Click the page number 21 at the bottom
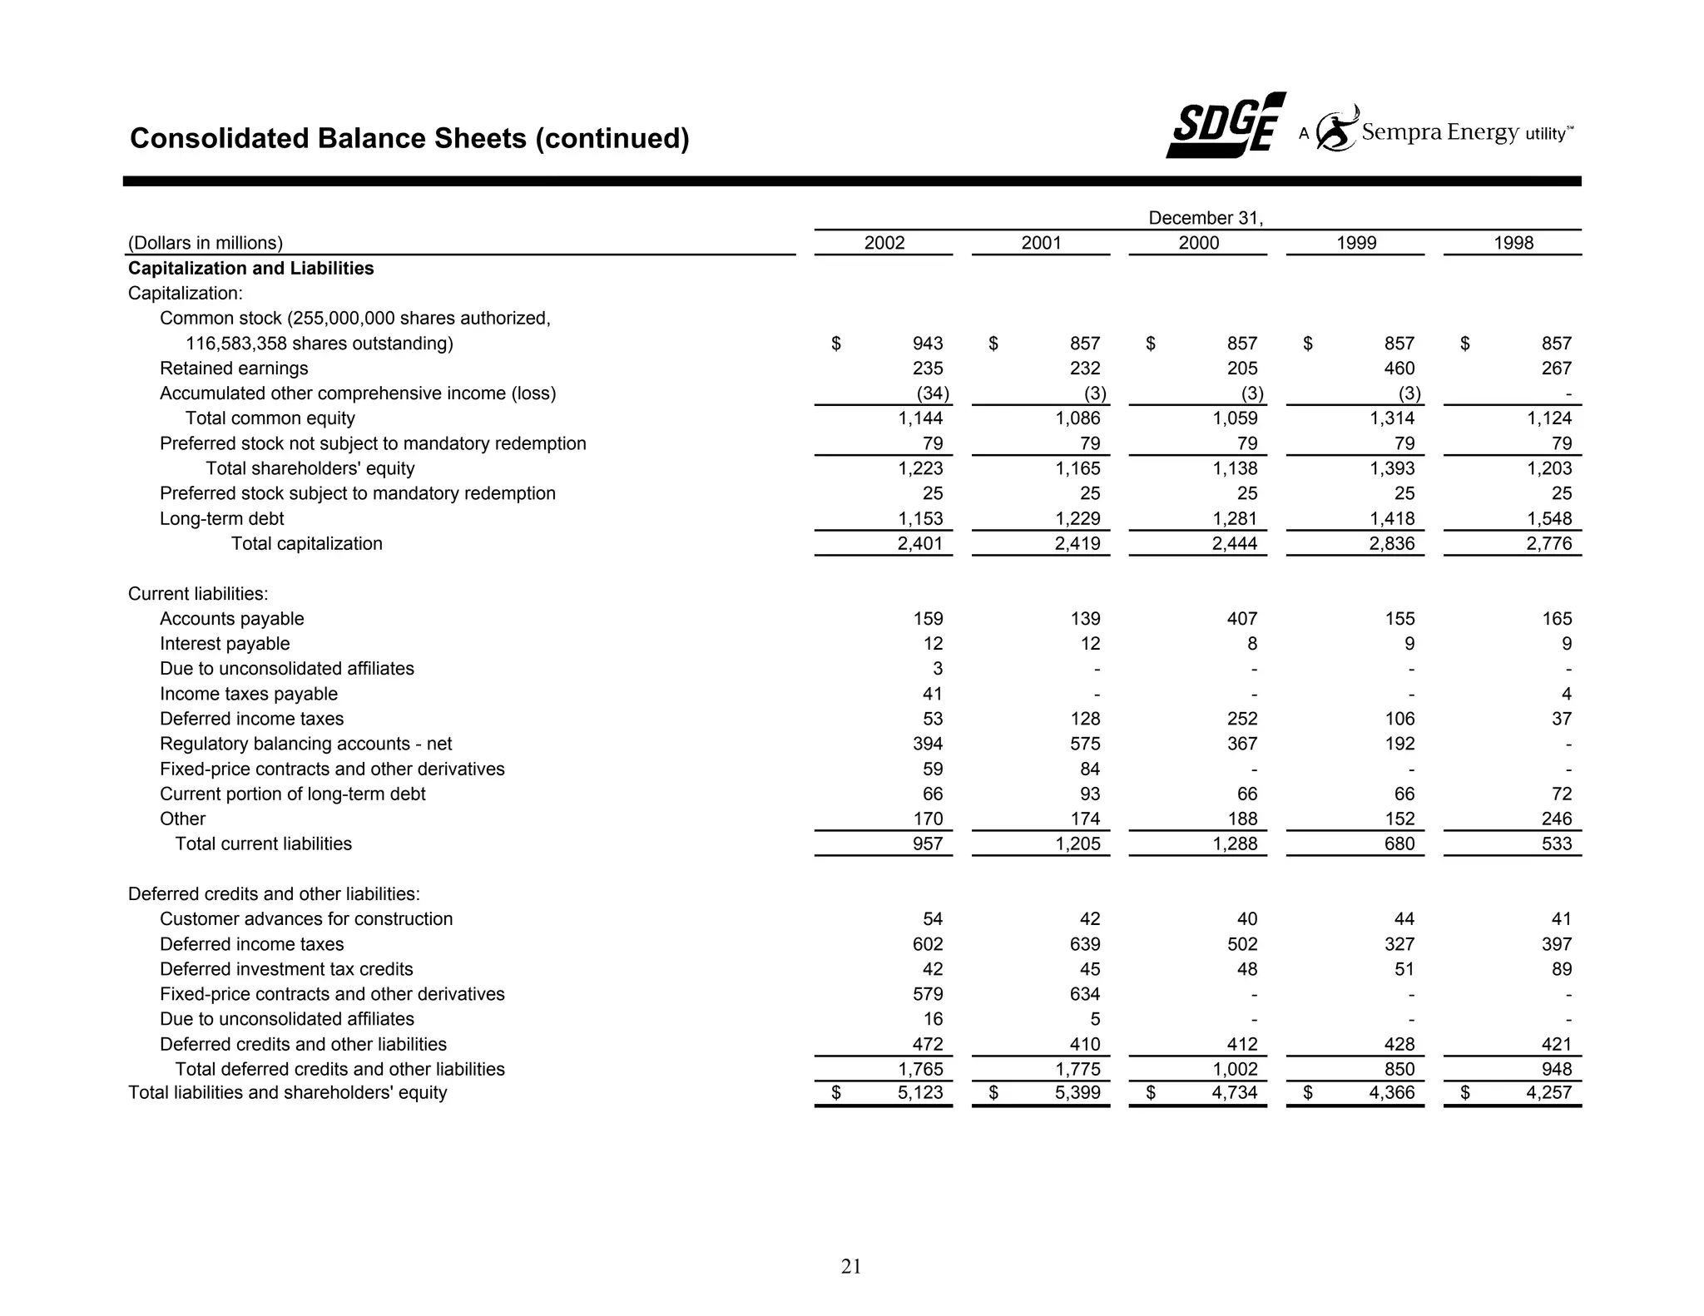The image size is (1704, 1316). point(851,1266)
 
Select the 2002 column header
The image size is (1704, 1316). point(884,243)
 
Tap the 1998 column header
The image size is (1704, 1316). point(1513,243)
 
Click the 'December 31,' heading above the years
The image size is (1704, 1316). point(1205,218)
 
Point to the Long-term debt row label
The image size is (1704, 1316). point(221,519)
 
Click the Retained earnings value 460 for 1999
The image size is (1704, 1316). point(1399,369)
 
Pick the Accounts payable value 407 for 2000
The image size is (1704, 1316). point(1241,619)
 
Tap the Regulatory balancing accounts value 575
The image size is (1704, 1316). point(1084,744)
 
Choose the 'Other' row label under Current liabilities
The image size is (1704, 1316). point(182,819)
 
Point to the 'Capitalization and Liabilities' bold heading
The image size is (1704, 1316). point(250,269)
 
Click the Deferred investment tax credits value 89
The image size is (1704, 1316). point(1561,969)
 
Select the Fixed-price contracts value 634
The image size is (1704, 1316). point(1084,994)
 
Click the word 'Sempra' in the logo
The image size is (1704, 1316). point(1400,132)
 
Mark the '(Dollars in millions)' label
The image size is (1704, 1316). point(206,243)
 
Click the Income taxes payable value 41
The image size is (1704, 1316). point(932,694)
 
